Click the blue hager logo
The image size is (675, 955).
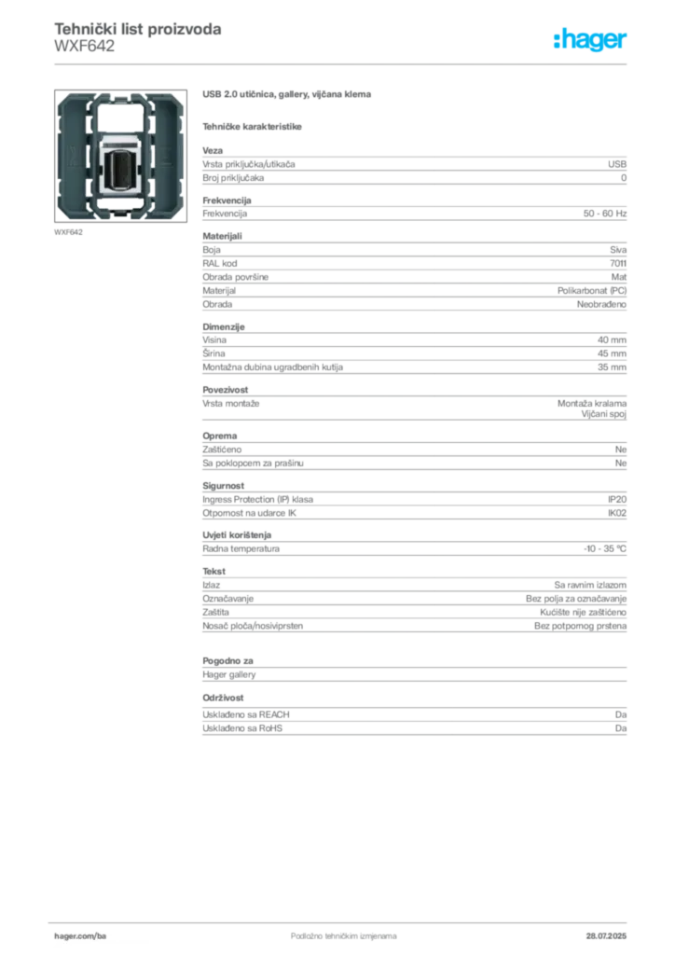tap(591, 40)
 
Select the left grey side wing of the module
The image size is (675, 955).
tap(73, 154)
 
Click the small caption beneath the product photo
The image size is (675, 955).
tap(71, 232)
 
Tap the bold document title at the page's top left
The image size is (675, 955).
tap(138, 29)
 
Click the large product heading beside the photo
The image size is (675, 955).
tap(287, 96)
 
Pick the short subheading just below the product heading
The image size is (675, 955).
tap(254, 126)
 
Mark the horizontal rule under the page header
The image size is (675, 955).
tap(343, 63)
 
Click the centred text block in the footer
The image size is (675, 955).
tap(332, 932)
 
